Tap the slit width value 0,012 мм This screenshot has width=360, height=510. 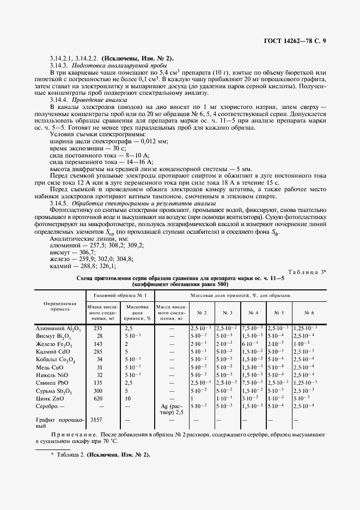tap(154, 142)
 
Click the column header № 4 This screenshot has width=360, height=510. tap(253, 313)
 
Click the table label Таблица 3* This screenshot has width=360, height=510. tap(306, 272)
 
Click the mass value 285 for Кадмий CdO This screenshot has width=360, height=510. tap(99, 352)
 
